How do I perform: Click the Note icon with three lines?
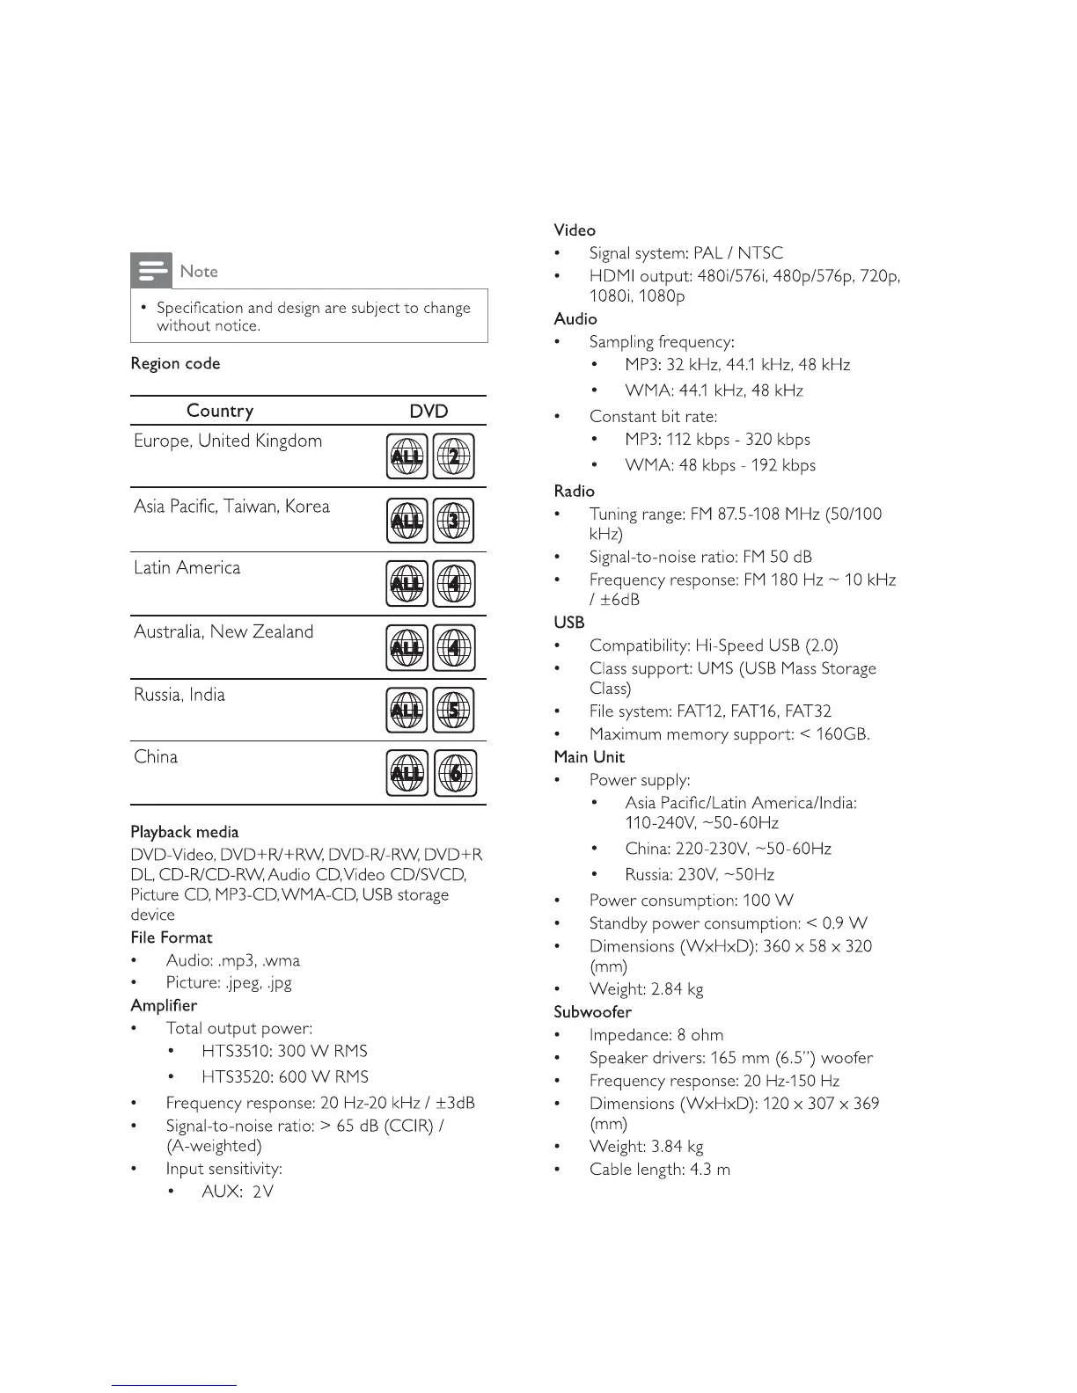151,271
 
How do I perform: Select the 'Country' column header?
220,411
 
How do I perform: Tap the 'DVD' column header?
429,411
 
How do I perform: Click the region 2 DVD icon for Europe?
453,456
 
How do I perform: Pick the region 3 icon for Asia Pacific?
453,521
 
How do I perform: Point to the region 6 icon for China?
455,773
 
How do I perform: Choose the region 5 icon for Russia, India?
453,710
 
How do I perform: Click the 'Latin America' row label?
187,568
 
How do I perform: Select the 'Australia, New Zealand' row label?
223,632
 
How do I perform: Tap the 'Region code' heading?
175,364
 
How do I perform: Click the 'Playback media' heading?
184,832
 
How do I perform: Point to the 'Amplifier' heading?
164,1005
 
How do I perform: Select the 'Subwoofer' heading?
592,1012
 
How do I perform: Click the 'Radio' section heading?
574,492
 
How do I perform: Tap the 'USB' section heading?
569,623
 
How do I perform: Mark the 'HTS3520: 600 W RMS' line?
284,1077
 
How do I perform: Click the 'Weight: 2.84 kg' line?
646,989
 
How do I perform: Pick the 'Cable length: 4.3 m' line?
659,1170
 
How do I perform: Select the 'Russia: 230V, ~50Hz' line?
699,875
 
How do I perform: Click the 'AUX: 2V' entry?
237,1192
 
